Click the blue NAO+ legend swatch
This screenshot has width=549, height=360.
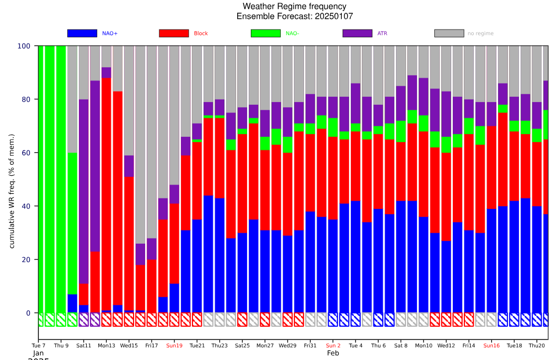tap(83, 33)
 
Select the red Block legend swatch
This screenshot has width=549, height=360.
tap(174, 33)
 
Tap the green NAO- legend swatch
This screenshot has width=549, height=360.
tap(266, 33)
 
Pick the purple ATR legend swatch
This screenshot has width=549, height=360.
tap(357, 33)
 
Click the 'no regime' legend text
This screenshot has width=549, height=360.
tap(481, 34)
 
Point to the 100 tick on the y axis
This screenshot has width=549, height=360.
tap(24, 46)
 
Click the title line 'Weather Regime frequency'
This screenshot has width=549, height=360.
tap(294, 6)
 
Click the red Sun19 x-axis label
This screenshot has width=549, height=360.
tap(174, 346)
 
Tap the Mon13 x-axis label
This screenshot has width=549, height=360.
tap(106, 346)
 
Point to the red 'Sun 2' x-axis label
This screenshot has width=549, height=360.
tap(333, 346)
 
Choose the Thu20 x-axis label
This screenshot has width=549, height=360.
tap(536, 346)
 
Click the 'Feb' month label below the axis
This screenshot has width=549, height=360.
tap(333, 353)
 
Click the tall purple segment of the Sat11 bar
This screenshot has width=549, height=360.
tap(84, 184)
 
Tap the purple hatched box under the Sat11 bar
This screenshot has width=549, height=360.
tap(84, 319)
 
